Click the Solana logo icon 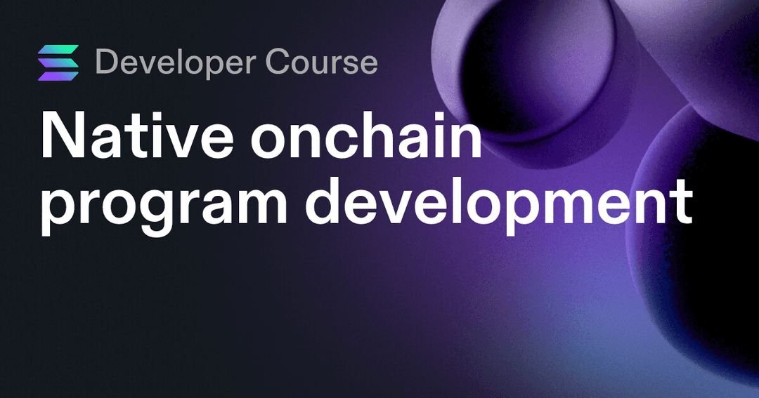(58, 62)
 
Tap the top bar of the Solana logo (58, 51)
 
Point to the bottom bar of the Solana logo (58, 74)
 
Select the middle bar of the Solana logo (58, 62)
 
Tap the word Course (322, 62)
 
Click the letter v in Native (186, 140)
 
